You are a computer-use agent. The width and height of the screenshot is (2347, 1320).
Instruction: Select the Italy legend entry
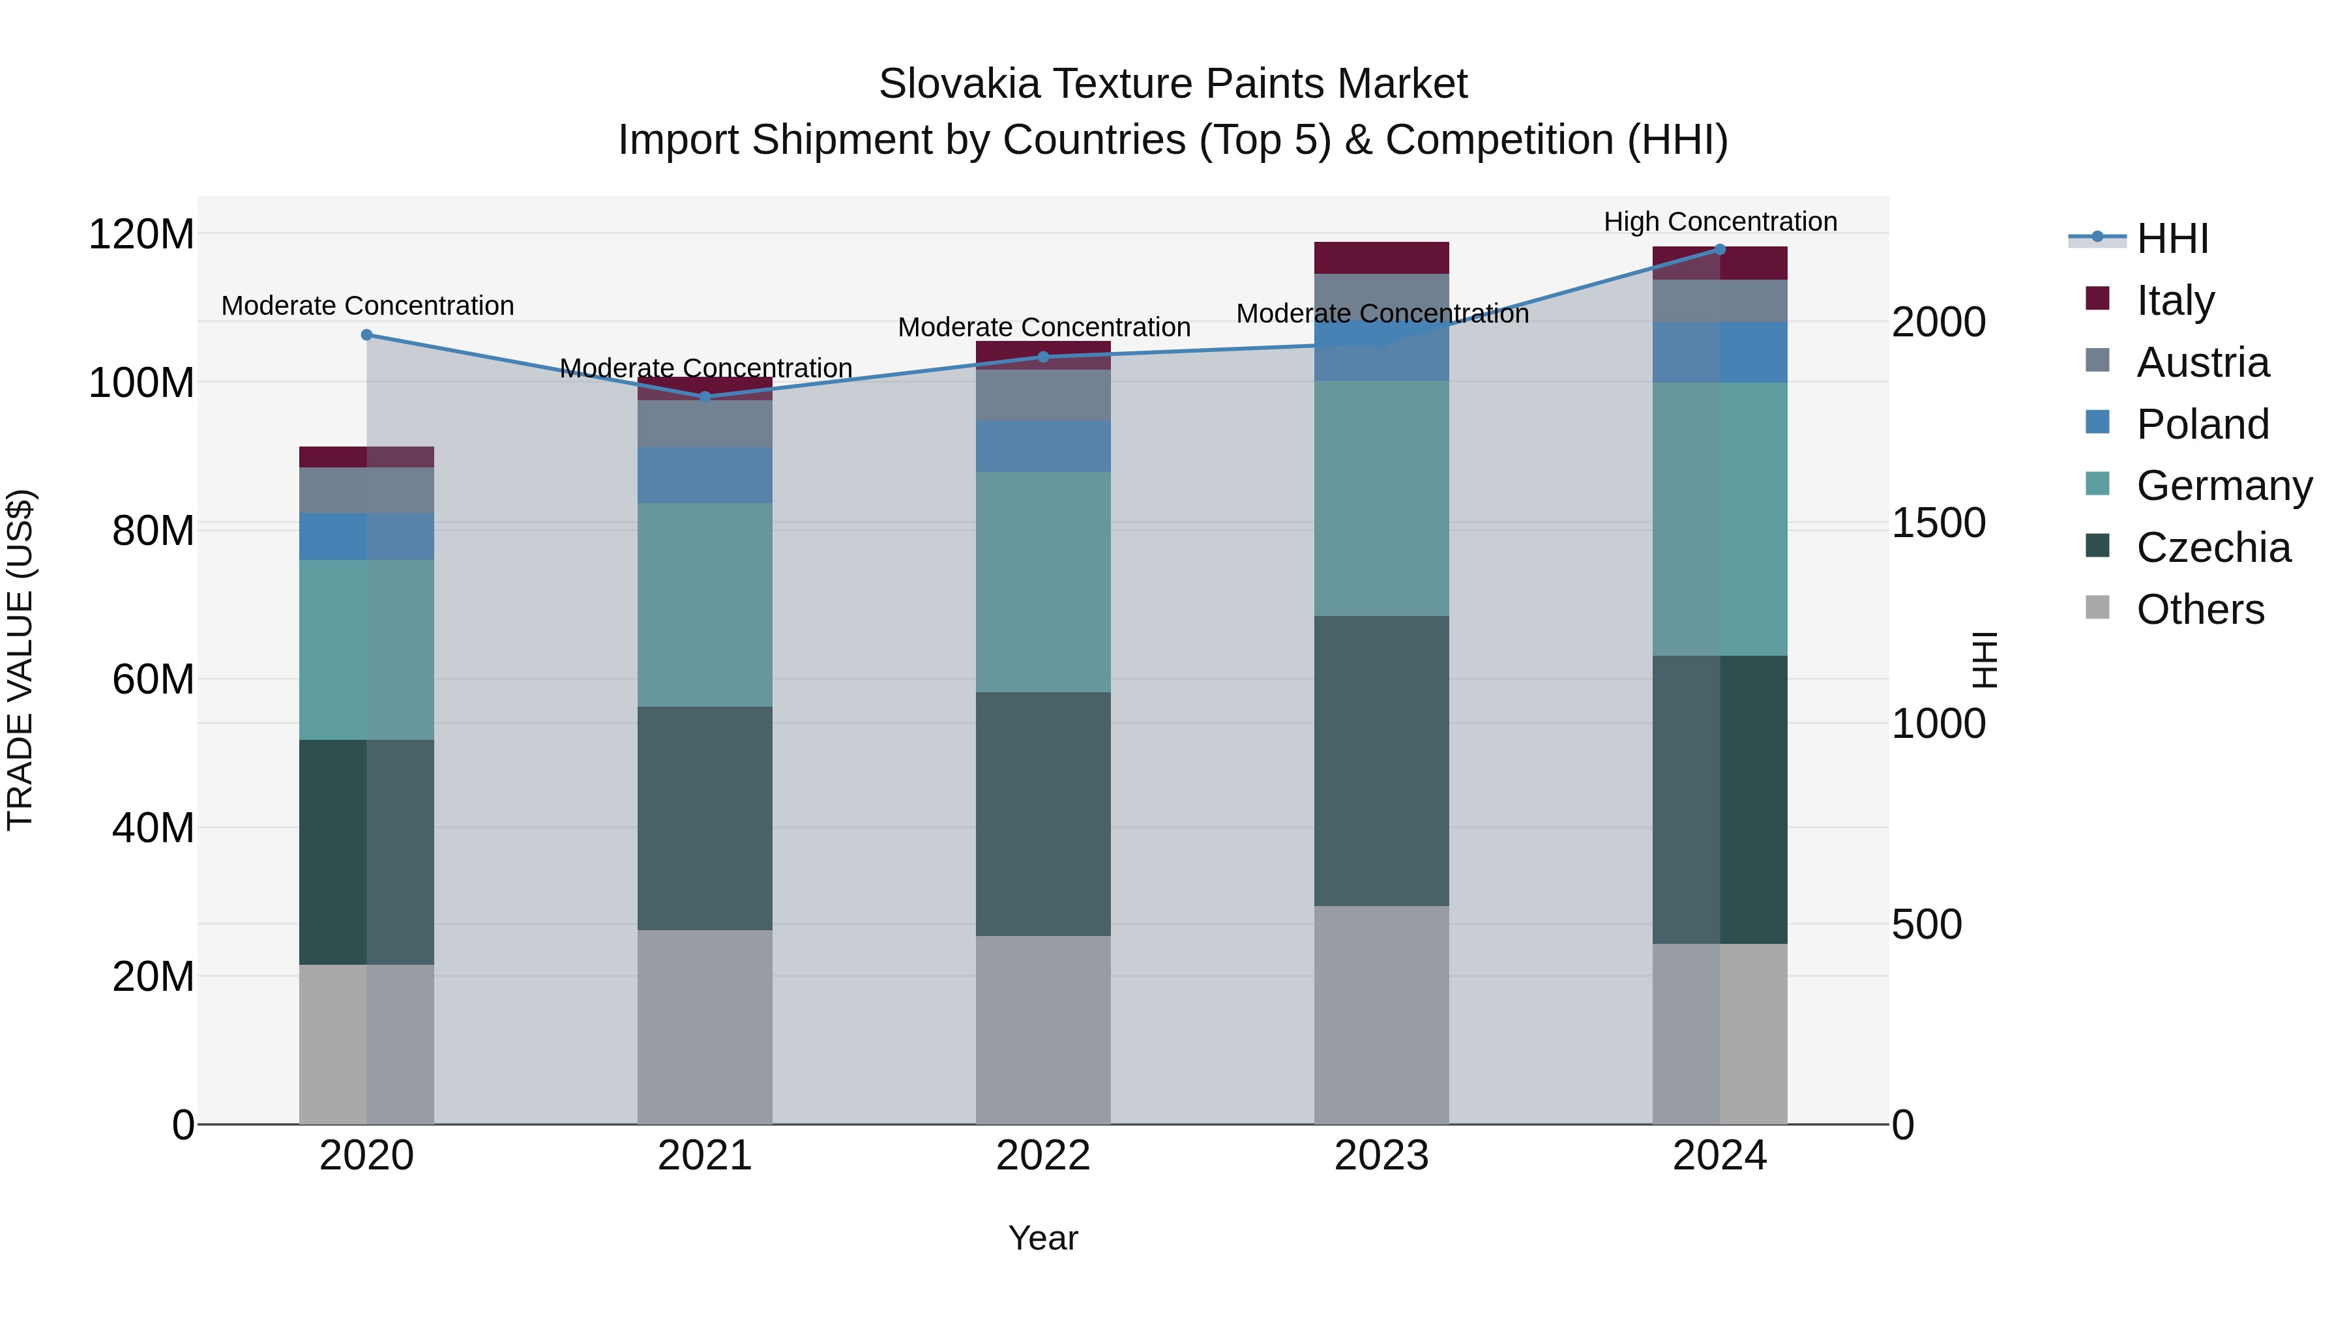tap(2175, 301)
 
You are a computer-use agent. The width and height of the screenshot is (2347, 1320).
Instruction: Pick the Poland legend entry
tap(2202, 424)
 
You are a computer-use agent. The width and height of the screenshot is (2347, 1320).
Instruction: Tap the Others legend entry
tap(2200, 609)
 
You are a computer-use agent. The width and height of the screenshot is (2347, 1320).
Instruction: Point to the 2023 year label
tap(1381, 1156)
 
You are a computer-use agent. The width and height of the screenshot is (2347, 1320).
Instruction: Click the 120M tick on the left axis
tap(141, 235)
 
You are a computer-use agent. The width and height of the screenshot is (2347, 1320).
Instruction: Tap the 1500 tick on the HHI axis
tap(1939, 524)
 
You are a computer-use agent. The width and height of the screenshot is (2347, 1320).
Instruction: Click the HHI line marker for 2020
tap(367, 335)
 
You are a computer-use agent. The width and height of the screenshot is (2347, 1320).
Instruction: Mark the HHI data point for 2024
tap(1720, 250)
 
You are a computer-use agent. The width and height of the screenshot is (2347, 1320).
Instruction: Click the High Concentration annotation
tap(1720, 222)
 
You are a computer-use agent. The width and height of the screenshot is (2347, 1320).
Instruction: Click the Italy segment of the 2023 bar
tap(1381, 257)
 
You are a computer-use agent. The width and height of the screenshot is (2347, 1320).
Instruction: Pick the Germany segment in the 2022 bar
tap(1043, 582)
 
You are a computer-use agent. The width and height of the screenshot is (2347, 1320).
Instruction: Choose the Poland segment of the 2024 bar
tap(1720, 353)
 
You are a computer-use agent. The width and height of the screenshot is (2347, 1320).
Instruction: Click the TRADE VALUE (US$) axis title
tap(21, 660)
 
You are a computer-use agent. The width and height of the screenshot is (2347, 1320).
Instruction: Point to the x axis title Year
tap(1043, 1239)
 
